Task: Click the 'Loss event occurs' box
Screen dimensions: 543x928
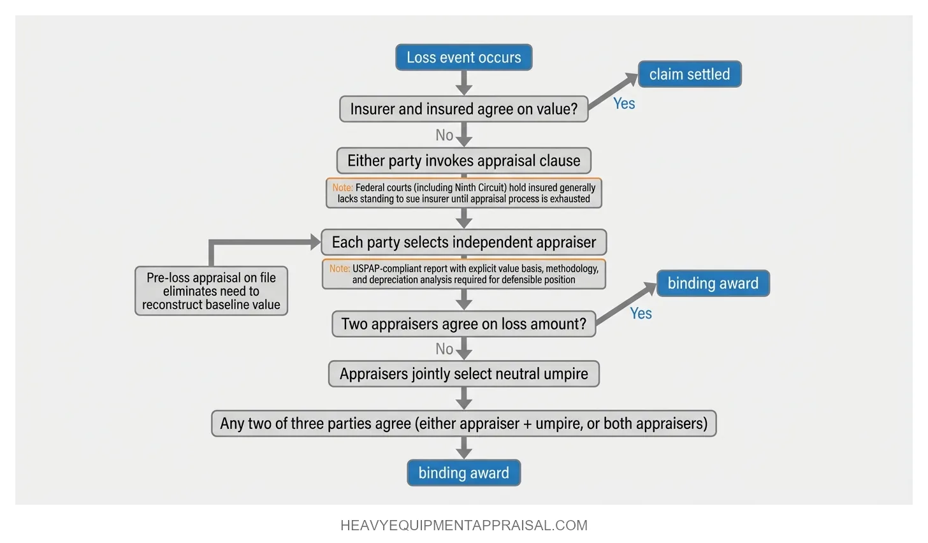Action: [x=463, y=57]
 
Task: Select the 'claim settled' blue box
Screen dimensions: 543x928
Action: [x=690, y=75]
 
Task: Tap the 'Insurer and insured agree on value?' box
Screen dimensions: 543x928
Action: [x=463, y=109]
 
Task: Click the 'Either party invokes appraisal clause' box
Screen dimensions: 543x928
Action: [x=463, y=161]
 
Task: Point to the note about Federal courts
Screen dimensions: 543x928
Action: [x=463, y=193]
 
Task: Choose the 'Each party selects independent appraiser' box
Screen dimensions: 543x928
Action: [x=463, y=242]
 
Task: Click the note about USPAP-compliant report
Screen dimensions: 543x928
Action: [x=463, y=274]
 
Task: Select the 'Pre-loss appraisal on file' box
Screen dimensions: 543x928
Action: [x=211, y=291]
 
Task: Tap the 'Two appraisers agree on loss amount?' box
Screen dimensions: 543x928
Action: [x=463, y=324]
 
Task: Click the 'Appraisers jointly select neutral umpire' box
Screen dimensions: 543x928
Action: [x=463, y=374]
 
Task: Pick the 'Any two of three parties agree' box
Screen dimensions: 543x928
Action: [x=463, y=424]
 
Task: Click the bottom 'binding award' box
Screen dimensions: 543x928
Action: [x=463, y=473]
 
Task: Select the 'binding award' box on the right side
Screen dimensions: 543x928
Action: [x=713, y=284]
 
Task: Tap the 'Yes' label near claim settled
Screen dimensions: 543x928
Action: [x=624, y=104]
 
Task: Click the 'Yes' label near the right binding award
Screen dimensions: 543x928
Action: [x=641, y=314]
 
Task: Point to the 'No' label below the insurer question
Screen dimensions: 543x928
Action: [x=444, y=135]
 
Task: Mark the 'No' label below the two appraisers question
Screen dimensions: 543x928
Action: [x=444, y=349]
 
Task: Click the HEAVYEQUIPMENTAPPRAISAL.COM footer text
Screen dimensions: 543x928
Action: [x=463, y=526]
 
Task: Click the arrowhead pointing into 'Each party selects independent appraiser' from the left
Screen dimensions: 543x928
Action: [x=315, y=242]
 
